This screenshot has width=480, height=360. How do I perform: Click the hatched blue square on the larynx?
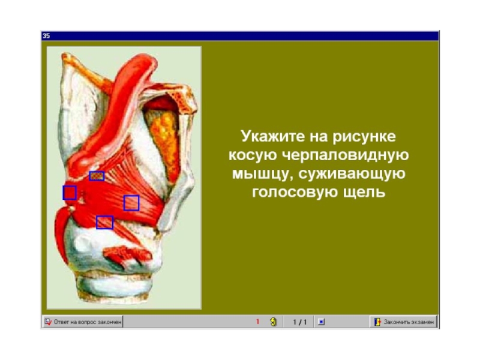pos(97,176)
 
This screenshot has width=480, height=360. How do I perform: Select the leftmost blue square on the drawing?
pos(70,193)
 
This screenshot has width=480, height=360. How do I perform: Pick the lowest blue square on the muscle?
pos(104,223)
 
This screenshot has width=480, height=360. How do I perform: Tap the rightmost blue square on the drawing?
pos(131,203)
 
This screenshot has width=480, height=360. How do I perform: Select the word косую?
pos(253,156)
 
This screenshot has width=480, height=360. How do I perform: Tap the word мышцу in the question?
pos(263,175)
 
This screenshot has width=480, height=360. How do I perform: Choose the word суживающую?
pos(352,175)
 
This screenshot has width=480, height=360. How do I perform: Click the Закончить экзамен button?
pos(403,322)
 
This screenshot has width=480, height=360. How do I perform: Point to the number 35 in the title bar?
pos(46,36)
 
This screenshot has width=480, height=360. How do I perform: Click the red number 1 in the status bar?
pos(257,322)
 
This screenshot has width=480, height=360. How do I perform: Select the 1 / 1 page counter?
pos(299,322)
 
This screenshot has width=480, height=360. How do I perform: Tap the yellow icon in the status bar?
pos(274,322)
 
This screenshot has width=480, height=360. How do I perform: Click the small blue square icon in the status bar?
pos(321,322)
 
